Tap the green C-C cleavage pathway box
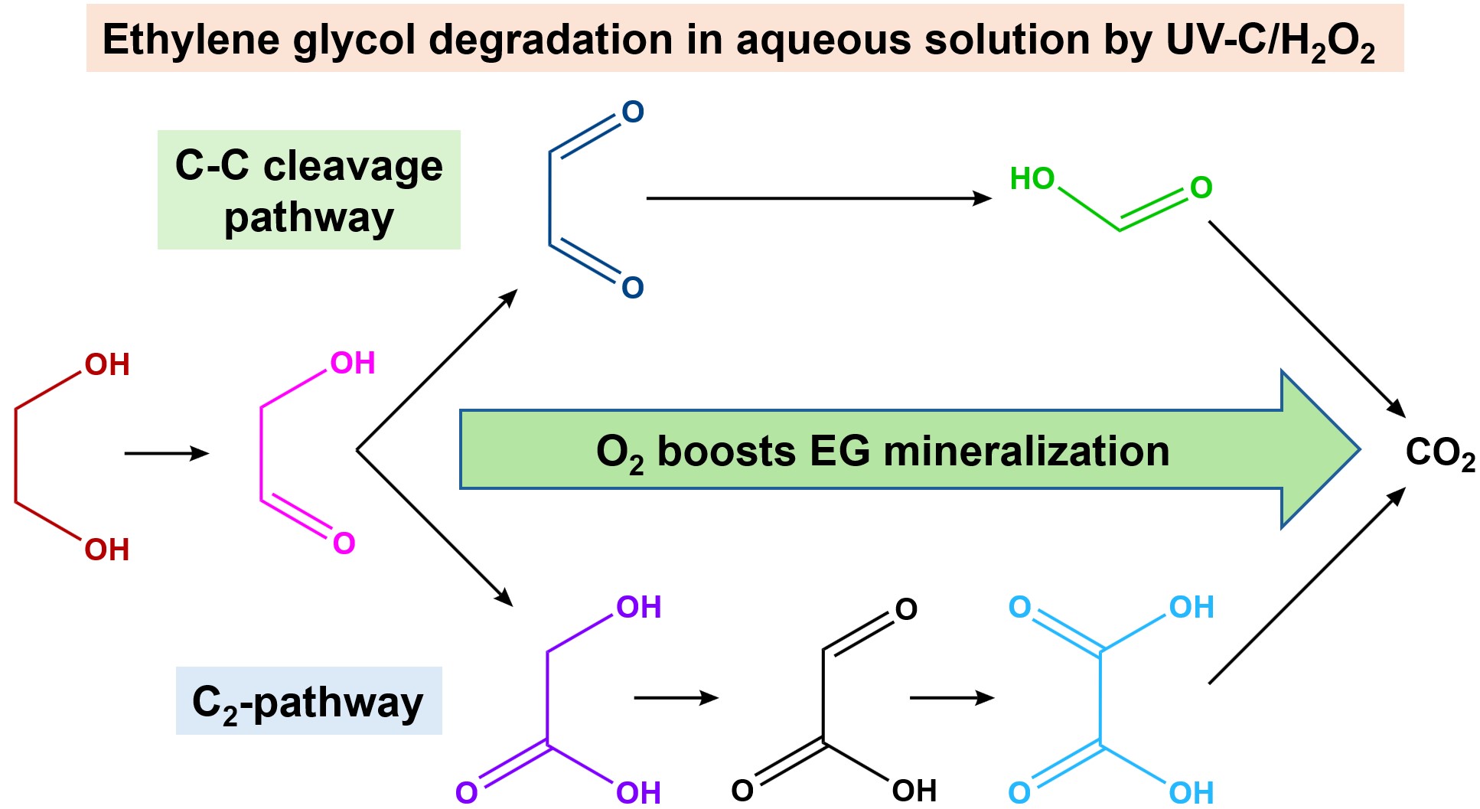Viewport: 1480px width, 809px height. click(308, 190)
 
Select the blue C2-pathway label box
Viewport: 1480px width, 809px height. click(308, 701)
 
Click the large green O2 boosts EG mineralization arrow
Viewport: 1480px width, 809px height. click(880, 450)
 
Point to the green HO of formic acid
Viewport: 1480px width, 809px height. click(1032, 179)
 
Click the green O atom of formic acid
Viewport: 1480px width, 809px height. click(1201, 188)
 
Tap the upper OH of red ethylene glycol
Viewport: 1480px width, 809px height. click(107, 365)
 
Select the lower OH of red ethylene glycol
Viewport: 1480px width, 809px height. click(107, 550)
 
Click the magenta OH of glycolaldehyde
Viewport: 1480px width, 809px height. click(353, 363)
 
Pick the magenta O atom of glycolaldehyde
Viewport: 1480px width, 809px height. click(344, 543)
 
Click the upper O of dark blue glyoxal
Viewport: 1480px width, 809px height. click(633, 113)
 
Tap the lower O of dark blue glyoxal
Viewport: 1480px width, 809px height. click(633, 288)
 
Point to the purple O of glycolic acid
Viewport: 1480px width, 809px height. click(466, 792)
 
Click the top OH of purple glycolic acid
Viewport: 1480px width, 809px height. click(638, 608)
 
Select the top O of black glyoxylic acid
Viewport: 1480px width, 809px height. click(906, 610)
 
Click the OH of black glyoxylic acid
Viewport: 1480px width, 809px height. click(914, 791)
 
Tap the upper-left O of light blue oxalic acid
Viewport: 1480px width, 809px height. click(1019, 608)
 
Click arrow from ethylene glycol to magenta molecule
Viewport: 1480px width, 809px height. click(166, 454)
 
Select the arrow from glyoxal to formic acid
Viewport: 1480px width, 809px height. click(818, 198)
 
